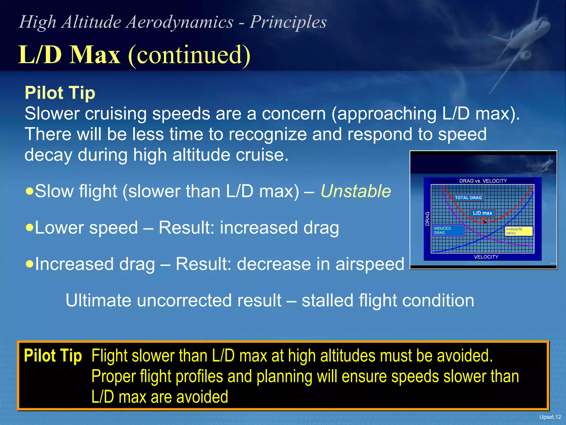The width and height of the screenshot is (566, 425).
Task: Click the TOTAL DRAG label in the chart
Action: point(468,198)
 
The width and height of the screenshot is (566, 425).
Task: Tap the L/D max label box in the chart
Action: point(482,213)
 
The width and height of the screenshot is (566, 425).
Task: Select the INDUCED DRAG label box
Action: point(448,230)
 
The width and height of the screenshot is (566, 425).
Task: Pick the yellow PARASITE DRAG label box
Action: point(518,231)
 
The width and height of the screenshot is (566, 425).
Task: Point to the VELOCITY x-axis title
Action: point(486,257)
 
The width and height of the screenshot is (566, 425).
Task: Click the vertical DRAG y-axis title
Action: point(427,219)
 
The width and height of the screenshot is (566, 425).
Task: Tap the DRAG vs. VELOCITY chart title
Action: point(483,181)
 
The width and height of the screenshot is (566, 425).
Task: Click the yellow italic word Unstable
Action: point(356,191)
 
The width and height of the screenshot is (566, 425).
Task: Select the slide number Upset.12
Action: point(550,417)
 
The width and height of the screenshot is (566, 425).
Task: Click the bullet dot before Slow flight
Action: point(29,191)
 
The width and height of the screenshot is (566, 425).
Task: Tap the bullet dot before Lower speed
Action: point(29,227)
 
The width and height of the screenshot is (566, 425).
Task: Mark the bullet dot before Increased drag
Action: point(29,263)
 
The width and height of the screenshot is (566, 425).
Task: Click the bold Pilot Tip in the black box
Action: point(53,356)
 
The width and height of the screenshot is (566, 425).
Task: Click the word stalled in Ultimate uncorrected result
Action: point(327,300)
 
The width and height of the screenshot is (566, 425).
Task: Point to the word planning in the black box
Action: point(284,377)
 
